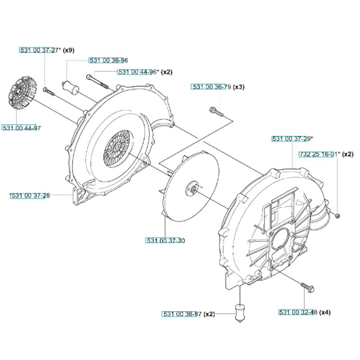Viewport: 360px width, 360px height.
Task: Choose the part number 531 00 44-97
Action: pos(21,128)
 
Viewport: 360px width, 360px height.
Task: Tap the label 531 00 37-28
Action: pos(30,195)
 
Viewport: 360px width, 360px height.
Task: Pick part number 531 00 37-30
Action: pos(166,240)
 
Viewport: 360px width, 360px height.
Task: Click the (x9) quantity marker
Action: pos(69,50)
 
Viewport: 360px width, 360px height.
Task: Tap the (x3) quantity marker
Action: pos(239,87)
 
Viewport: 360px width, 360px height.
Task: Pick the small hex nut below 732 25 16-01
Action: pos(337,216)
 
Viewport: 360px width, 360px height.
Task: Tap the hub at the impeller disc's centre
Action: pos(192,188)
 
